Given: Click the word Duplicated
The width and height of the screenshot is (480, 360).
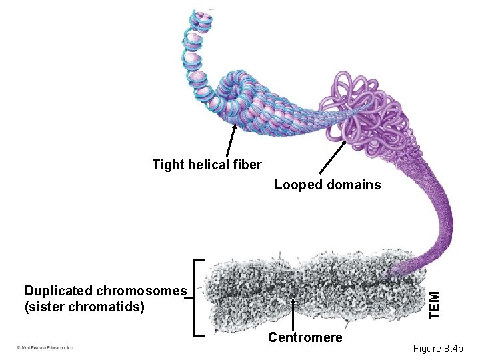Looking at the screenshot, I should [x=59, y=291].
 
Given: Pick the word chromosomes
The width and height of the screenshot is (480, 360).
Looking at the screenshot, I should [x=142, y=291].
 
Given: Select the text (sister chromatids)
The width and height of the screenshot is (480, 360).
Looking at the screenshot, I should [x=84, y=307].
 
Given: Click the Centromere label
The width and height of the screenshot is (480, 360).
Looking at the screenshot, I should [x=305, y=337].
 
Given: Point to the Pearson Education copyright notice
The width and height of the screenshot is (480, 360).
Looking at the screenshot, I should [x=45, y=347].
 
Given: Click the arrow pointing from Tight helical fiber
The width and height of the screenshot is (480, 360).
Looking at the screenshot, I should [x=230, y=140].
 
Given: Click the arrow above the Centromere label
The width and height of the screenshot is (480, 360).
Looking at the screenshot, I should [x=294, y=313].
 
